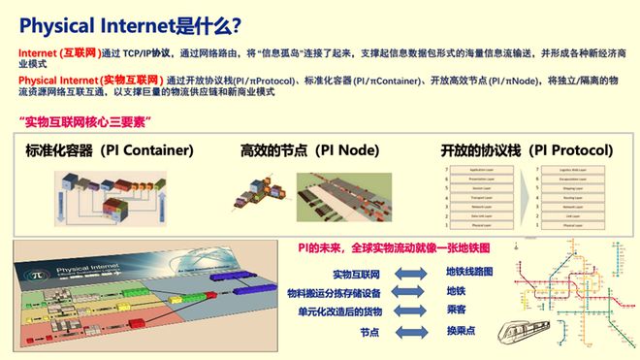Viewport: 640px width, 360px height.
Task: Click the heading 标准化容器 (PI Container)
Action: pyautogui.click(x=110, y=150)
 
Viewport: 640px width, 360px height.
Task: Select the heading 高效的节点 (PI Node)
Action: pyautogui.click(x=310, y=150)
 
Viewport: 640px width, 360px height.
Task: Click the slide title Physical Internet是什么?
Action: pyautogui.click(x=131, y=24)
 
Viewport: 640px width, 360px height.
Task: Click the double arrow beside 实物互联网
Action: pyautogui.click(x=410, y=275)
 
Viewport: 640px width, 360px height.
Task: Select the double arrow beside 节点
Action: pyautogui.click(x=410, y=332)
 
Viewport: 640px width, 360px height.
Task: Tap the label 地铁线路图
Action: pyautogui.click(x=469, y=272)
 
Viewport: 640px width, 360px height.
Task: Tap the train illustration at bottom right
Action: pyautogui.click(x=531, y=334)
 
